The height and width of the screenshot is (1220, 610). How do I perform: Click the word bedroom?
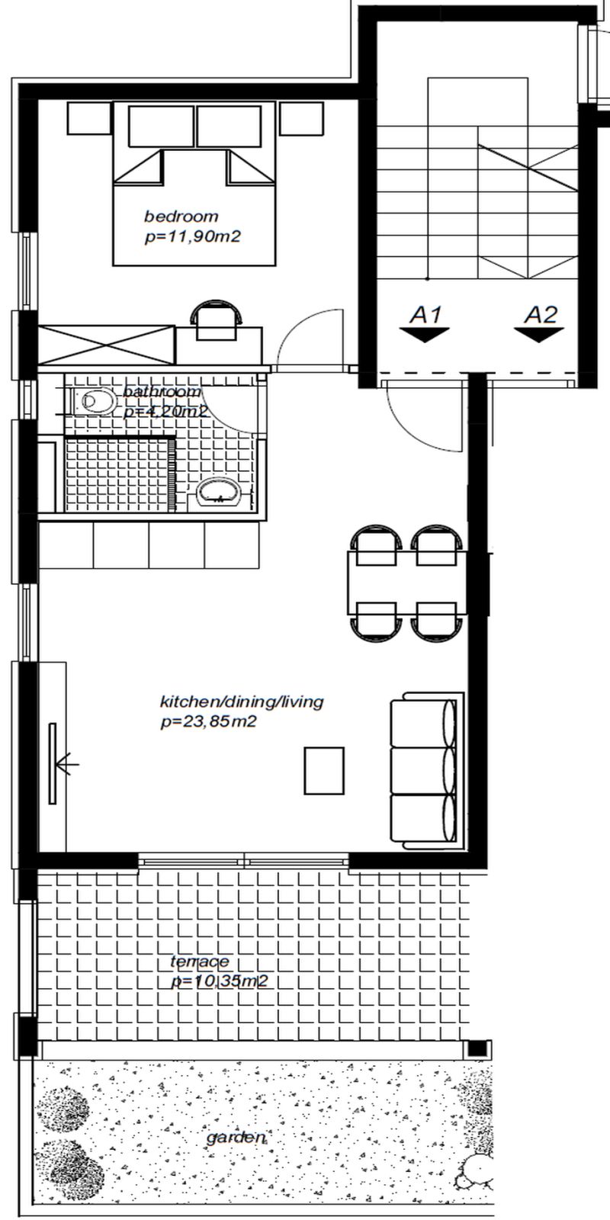[x=181, y=217]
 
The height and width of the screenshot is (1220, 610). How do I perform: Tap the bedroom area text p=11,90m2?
[x=193, y=237]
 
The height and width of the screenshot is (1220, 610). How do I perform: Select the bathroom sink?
[x=220, y=493]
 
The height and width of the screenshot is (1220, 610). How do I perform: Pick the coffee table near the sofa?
[x=324, y=771]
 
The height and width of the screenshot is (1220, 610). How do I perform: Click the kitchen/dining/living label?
[x=242, y=701]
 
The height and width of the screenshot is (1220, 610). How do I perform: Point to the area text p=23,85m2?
[x=209, y=722]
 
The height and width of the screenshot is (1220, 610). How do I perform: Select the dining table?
[x=407, y=583]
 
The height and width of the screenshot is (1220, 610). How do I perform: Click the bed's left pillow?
[x=162, y=127]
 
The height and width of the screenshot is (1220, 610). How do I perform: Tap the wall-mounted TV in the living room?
[x=53, y=763]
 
